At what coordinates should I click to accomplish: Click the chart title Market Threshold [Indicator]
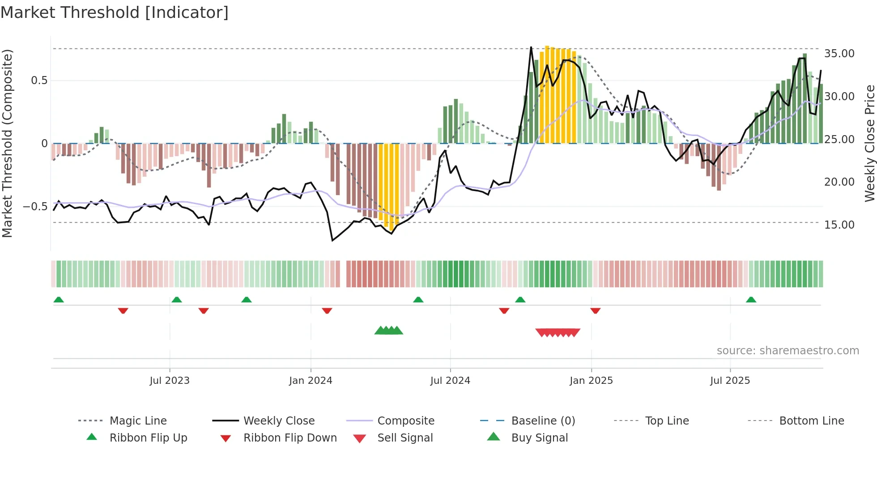(115, 13)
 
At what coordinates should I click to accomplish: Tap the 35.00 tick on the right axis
(839, 54)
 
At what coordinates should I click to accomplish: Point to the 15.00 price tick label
(839, 225)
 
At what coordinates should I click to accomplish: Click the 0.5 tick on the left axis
(39, 81)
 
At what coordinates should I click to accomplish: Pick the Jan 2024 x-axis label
(311, 381)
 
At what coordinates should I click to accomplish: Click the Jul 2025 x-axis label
(730, 381)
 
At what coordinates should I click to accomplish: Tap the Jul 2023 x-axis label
(170, 381)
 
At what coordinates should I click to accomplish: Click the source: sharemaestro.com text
(788, 351)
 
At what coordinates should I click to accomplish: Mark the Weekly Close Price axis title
(869, 143)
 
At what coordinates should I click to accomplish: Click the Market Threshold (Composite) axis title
(7, 143)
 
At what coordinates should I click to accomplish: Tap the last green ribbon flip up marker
(751, 300)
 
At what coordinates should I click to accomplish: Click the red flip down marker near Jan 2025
(595, 310)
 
